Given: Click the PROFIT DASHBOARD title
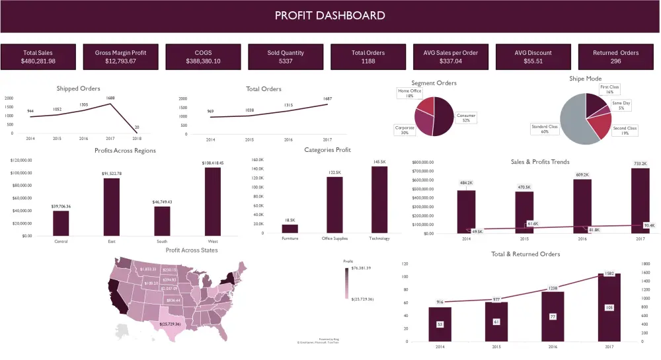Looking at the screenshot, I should point(330,15).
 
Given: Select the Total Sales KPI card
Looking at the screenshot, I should point(38,57).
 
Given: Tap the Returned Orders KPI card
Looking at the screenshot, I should point(615,57).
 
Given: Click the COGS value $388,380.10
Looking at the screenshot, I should point(204,61).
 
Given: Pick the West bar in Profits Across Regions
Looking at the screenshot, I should point(214,201).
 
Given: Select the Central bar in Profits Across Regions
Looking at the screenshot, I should point(61,223).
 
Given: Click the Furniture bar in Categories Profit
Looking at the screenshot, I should point(290,229).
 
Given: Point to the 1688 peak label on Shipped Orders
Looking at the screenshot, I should point(110,98).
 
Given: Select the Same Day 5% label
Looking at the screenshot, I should point(621,105).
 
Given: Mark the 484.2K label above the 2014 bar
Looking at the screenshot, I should point(466,182).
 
